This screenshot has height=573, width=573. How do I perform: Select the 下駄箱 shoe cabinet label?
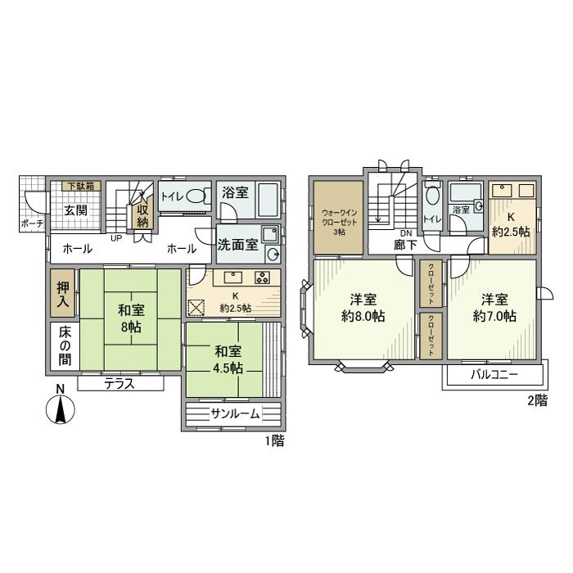coord(79,186)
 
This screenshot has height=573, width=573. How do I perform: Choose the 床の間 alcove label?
coord(64,347)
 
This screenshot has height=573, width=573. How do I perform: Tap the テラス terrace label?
coord(119,383)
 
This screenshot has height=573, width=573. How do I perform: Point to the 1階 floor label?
coord(274,441)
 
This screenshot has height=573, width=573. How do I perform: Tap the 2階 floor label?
coord(535,401)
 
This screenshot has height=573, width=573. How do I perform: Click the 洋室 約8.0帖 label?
coord(363,307)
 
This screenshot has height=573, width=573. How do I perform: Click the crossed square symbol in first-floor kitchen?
coord(196,308)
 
